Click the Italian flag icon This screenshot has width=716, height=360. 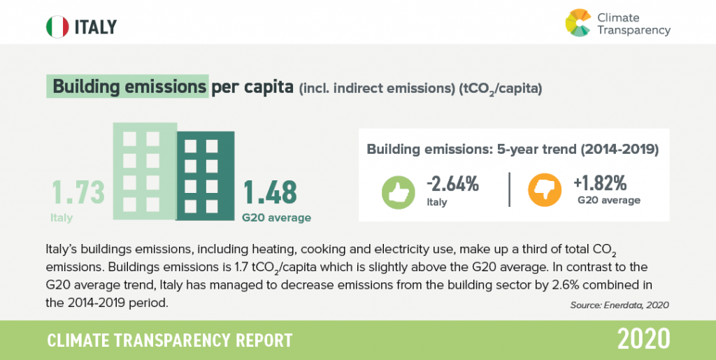[57, 27]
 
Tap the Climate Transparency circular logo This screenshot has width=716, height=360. [578, 22]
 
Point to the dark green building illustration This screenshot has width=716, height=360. [204, 178]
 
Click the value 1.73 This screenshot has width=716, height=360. [78, 193]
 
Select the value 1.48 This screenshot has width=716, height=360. [270, 193]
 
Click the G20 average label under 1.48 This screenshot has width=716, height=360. [276, 217]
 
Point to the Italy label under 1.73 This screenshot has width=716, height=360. [62, 217]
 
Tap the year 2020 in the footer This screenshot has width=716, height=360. [643, 339]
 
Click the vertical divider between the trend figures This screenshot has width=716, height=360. [509, 189]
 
